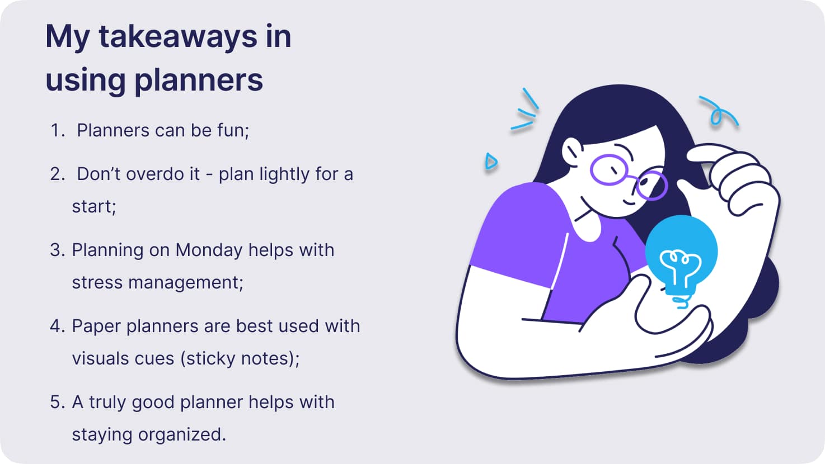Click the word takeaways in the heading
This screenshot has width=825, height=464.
point(178,37)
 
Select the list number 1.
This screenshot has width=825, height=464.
point(57,130)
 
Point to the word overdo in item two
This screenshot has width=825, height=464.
point(158,174)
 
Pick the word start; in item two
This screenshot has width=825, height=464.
point(94,206)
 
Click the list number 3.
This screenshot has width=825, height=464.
point(58,250)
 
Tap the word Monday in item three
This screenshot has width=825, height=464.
point(209,250)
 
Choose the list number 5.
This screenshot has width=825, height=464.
point(58,402)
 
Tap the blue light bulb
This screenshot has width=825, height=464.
point(681,254)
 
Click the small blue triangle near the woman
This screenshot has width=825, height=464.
point(491,162)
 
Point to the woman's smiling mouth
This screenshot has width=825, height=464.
point(629,203)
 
